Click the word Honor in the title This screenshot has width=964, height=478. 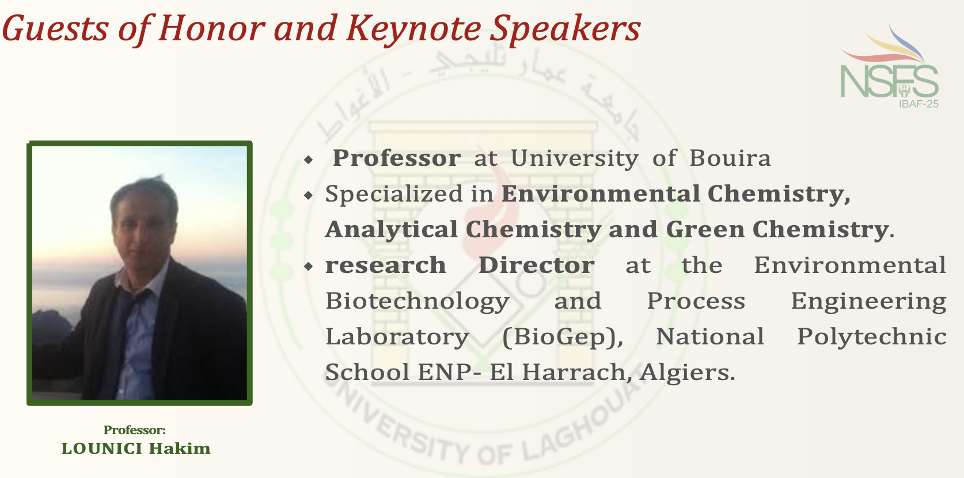(211, 28)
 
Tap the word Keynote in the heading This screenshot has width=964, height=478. (413, 29)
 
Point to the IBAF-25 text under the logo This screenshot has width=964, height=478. (919, 104)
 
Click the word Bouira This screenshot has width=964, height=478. (730, 158)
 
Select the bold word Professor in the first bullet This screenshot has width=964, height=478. (396, 158)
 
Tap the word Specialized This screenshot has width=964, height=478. (394, 194)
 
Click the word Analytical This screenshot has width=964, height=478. (391, 230)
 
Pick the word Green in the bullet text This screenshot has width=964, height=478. (705, 229)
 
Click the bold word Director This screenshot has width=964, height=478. (537, 265)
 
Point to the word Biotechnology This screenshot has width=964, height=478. (417, 301)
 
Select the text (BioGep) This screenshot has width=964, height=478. (563, 337)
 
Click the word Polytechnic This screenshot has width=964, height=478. (871, 336)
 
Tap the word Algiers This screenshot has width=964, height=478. (687, 372)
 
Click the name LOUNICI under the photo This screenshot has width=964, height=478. (102, 448)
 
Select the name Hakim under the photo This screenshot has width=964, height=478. (180, 448)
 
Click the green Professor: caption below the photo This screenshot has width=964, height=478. (135, 430)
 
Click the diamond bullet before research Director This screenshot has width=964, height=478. (308, 267)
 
